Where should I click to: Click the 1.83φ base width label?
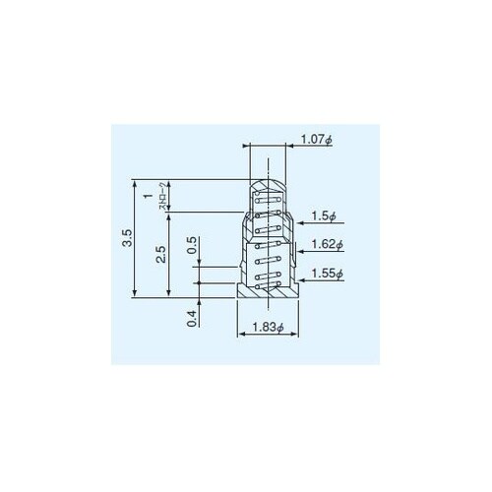click(x=267, y=328)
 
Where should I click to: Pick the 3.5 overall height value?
click(x=119, y=238)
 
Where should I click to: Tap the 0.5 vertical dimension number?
click(x=191, y=243)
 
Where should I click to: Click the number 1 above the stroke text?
click(x=149, y=197)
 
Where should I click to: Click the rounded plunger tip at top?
click(x=268, y=184)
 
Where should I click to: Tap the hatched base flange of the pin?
click(x=268, y=291)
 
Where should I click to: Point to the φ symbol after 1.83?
click(x=281, y=328)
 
